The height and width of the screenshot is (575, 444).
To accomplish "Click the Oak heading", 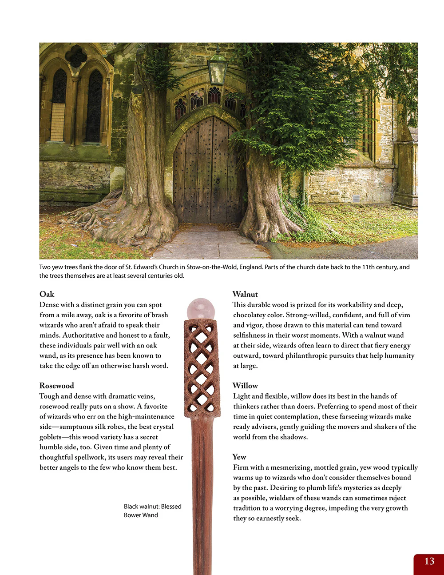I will (x=47, y=294).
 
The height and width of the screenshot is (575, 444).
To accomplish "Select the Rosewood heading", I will (x=57, y=386).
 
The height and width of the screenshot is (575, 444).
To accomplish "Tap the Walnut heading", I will (x=245, y=294).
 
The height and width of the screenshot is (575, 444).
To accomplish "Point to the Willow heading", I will (x=245, y=386).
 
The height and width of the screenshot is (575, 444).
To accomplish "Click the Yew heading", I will (x=239, y=457).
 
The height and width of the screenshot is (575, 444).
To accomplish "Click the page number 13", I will (x=429, y=561).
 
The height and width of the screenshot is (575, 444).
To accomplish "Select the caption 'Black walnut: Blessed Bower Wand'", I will (x=152, y=511).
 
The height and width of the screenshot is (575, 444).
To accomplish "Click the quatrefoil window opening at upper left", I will (x=76, y=56).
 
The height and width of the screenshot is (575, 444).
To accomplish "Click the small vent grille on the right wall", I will (x=356, y=199).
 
